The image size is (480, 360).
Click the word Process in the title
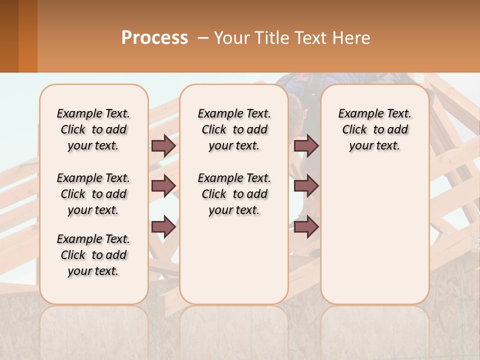point(154,37)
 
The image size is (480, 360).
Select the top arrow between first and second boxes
point(163,145)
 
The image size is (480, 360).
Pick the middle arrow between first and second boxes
point(163,186)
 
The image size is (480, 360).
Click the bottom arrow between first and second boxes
point(163,227)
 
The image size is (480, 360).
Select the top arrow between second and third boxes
point(306,145)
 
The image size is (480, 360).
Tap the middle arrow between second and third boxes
point(306,186)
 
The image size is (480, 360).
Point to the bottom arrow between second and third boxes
point(306,227)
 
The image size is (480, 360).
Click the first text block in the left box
point(93,129)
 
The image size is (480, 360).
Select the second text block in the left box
point(93,194)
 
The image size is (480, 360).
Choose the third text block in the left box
point(93,255)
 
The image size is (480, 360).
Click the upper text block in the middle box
point(234,129)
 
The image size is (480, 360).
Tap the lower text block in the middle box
point(234,194)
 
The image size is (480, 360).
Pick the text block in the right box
point(374,129)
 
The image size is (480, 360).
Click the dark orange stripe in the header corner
point(28,36)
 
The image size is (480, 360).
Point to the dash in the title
point(202,38)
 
